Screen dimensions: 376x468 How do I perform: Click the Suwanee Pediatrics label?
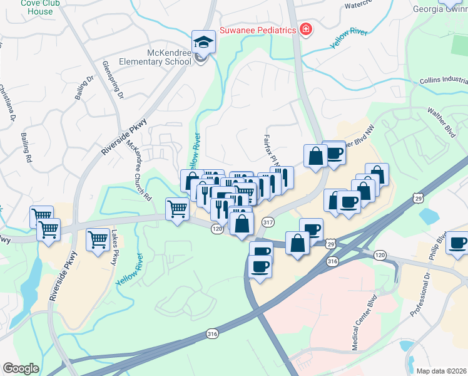(x=257, y=30)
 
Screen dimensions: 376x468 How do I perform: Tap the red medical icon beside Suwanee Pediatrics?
(x=305, y=29)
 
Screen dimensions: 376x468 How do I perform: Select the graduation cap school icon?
(x=203, y=42)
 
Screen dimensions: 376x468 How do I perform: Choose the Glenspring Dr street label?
(x=113, y=80)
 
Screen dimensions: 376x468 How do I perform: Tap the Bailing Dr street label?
(x=84, y=88)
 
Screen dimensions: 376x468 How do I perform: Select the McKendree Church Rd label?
(x=139, y=169)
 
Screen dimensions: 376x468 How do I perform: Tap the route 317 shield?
(x=268, y=222)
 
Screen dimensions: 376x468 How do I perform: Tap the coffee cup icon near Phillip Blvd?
(x=457, y=243)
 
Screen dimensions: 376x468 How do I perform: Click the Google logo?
(x=21, y=368)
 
